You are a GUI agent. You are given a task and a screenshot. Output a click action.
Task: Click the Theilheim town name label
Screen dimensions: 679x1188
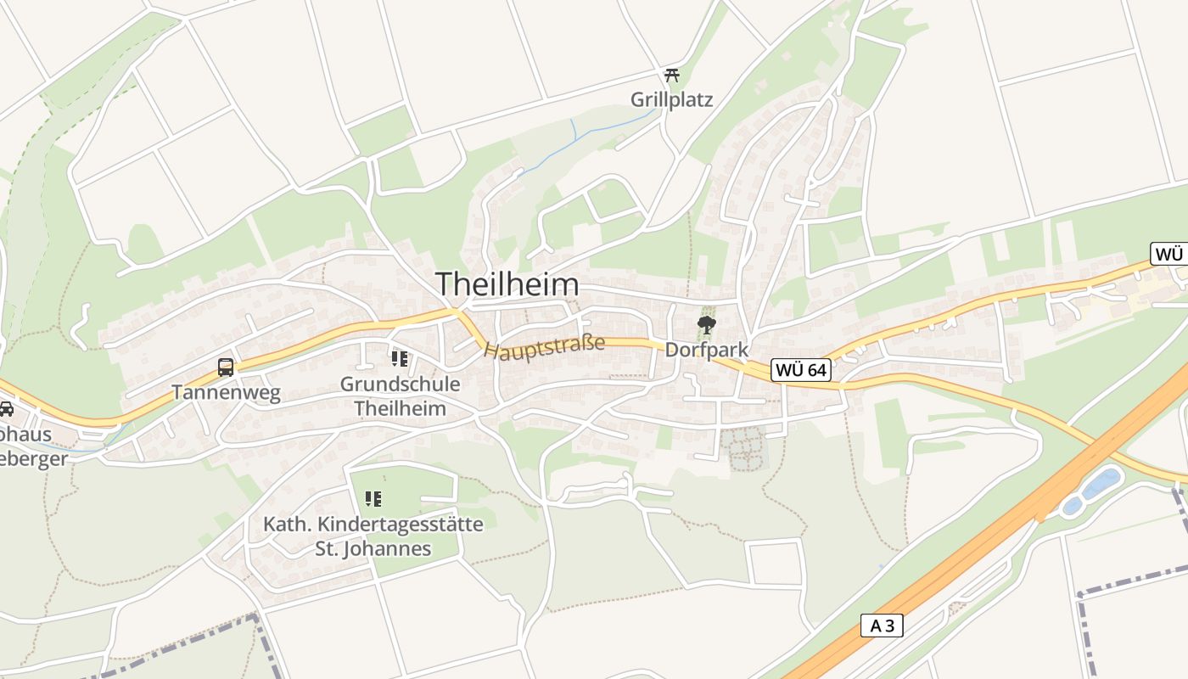[507, 283]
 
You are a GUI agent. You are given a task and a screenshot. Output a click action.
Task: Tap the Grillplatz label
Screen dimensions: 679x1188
[671, 99]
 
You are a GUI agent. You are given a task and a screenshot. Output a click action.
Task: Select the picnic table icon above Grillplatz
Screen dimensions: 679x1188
[672, 75]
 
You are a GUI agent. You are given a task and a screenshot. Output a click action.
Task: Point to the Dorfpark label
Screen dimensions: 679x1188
[706, 349]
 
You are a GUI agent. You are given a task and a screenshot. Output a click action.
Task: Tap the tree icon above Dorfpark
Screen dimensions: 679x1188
[705, 323]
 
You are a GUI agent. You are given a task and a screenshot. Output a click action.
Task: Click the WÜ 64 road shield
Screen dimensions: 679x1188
[800, 370]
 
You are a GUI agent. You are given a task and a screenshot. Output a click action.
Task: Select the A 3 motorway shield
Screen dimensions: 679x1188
[882, 626]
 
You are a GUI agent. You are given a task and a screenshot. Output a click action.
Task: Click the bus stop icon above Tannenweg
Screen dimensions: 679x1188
[225, 368]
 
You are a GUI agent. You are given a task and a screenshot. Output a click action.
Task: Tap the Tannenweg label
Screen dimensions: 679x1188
[225, 393]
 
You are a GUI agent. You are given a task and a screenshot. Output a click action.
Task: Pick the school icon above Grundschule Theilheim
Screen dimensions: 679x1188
[399, 359]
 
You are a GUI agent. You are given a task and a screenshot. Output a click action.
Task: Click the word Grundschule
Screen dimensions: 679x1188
[400, 384]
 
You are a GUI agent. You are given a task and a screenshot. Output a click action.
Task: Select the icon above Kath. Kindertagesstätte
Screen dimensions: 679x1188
[373, 499]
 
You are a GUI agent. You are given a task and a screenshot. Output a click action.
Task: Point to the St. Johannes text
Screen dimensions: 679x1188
[373, 549]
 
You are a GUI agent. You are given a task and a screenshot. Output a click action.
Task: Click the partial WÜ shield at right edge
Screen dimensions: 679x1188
[1169, 254]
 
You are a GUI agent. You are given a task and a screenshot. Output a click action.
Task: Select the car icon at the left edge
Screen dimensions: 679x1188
[6, 409]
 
